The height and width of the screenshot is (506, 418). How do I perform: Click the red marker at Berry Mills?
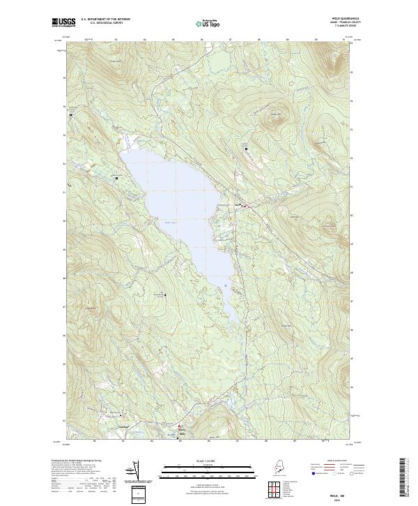pos(178,426)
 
